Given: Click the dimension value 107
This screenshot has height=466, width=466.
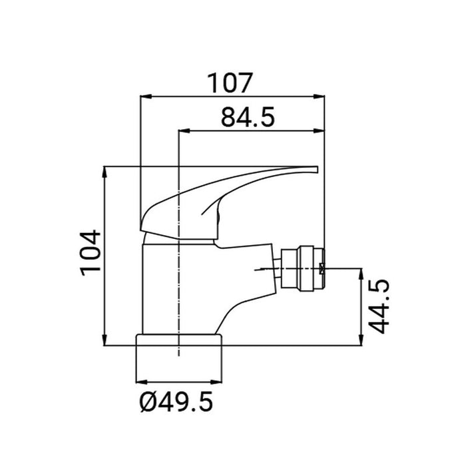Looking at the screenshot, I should tap(230, 83).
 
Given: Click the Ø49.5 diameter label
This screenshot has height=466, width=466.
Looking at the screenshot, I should tap(178, 402).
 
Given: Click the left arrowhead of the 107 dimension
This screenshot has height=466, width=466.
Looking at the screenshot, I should tap(142, 96).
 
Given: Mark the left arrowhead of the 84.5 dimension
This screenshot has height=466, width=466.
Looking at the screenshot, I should tap(184, 131).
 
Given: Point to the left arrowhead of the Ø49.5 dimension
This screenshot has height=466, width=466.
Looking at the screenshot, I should tap(140, 381).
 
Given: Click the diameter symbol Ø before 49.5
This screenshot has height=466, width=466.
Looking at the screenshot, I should tap(148, 402).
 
